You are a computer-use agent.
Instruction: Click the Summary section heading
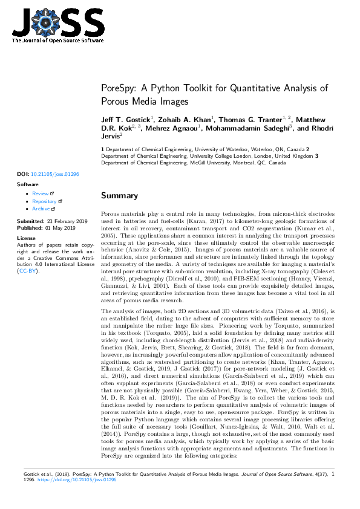[x=119, y=196]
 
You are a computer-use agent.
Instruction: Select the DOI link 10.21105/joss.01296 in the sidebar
[x=54, y=174]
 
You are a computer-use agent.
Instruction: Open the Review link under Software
[x=40, y=193]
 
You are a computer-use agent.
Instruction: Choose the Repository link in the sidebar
[x=44, y=201]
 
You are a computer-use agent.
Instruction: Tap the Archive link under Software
[x=41, y=208]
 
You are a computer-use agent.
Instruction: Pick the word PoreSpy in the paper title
[x=120, y=88]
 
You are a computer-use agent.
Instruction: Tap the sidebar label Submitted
[x=30, y=221]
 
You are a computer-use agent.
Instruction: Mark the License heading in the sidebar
[x=25, y=238]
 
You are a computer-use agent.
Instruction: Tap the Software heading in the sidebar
[x=27, y=184]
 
